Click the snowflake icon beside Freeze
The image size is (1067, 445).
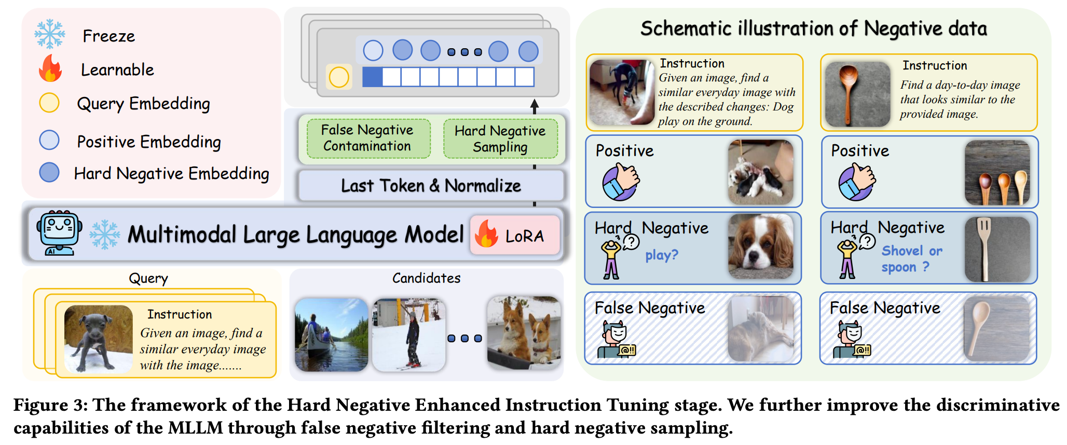point(50,34)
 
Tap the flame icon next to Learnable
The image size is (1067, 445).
point(50,68)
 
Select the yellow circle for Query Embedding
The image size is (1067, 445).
point(49,103)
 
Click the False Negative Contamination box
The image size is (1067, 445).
point(368,138)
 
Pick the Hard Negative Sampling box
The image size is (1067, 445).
point(500,138)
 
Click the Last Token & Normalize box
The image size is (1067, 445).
point(431,186)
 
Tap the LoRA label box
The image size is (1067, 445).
point(515,235)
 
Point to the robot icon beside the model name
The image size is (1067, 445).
point(59,233)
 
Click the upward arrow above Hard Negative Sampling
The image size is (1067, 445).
point(535,106)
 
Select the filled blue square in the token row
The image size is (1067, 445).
point(372,77)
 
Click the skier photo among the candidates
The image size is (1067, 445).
point(409,335)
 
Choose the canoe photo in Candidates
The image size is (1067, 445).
point(332,335)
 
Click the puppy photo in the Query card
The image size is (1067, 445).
point(98,339)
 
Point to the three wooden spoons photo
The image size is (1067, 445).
point(997,173)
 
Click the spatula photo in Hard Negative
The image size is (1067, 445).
point(997,249)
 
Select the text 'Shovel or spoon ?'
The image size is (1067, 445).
point(912,259)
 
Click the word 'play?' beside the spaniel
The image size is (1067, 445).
point(662,255)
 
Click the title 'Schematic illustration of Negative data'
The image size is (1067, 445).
point(813,29)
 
